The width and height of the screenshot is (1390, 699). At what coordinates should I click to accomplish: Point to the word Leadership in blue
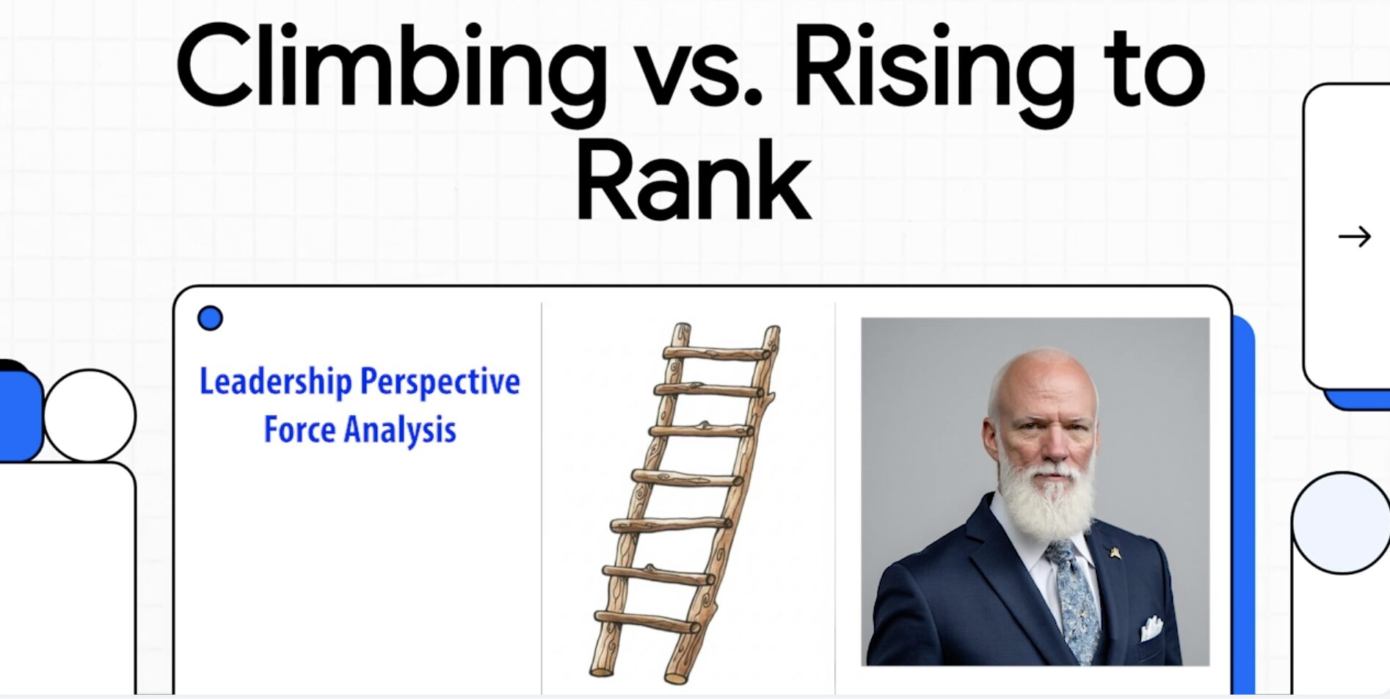coord(276,383)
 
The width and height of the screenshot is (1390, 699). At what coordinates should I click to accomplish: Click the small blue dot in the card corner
coord(210,318)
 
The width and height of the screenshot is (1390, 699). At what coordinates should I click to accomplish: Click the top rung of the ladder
coord(717,352)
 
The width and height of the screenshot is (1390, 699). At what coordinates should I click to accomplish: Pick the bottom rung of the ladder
coord(647,622)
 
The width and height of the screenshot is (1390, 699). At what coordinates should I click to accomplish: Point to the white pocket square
coord(1151,628)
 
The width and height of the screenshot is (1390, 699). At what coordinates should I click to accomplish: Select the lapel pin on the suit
coord(1115,552)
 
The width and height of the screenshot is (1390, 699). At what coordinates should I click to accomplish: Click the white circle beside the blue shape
coord(90,416)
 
